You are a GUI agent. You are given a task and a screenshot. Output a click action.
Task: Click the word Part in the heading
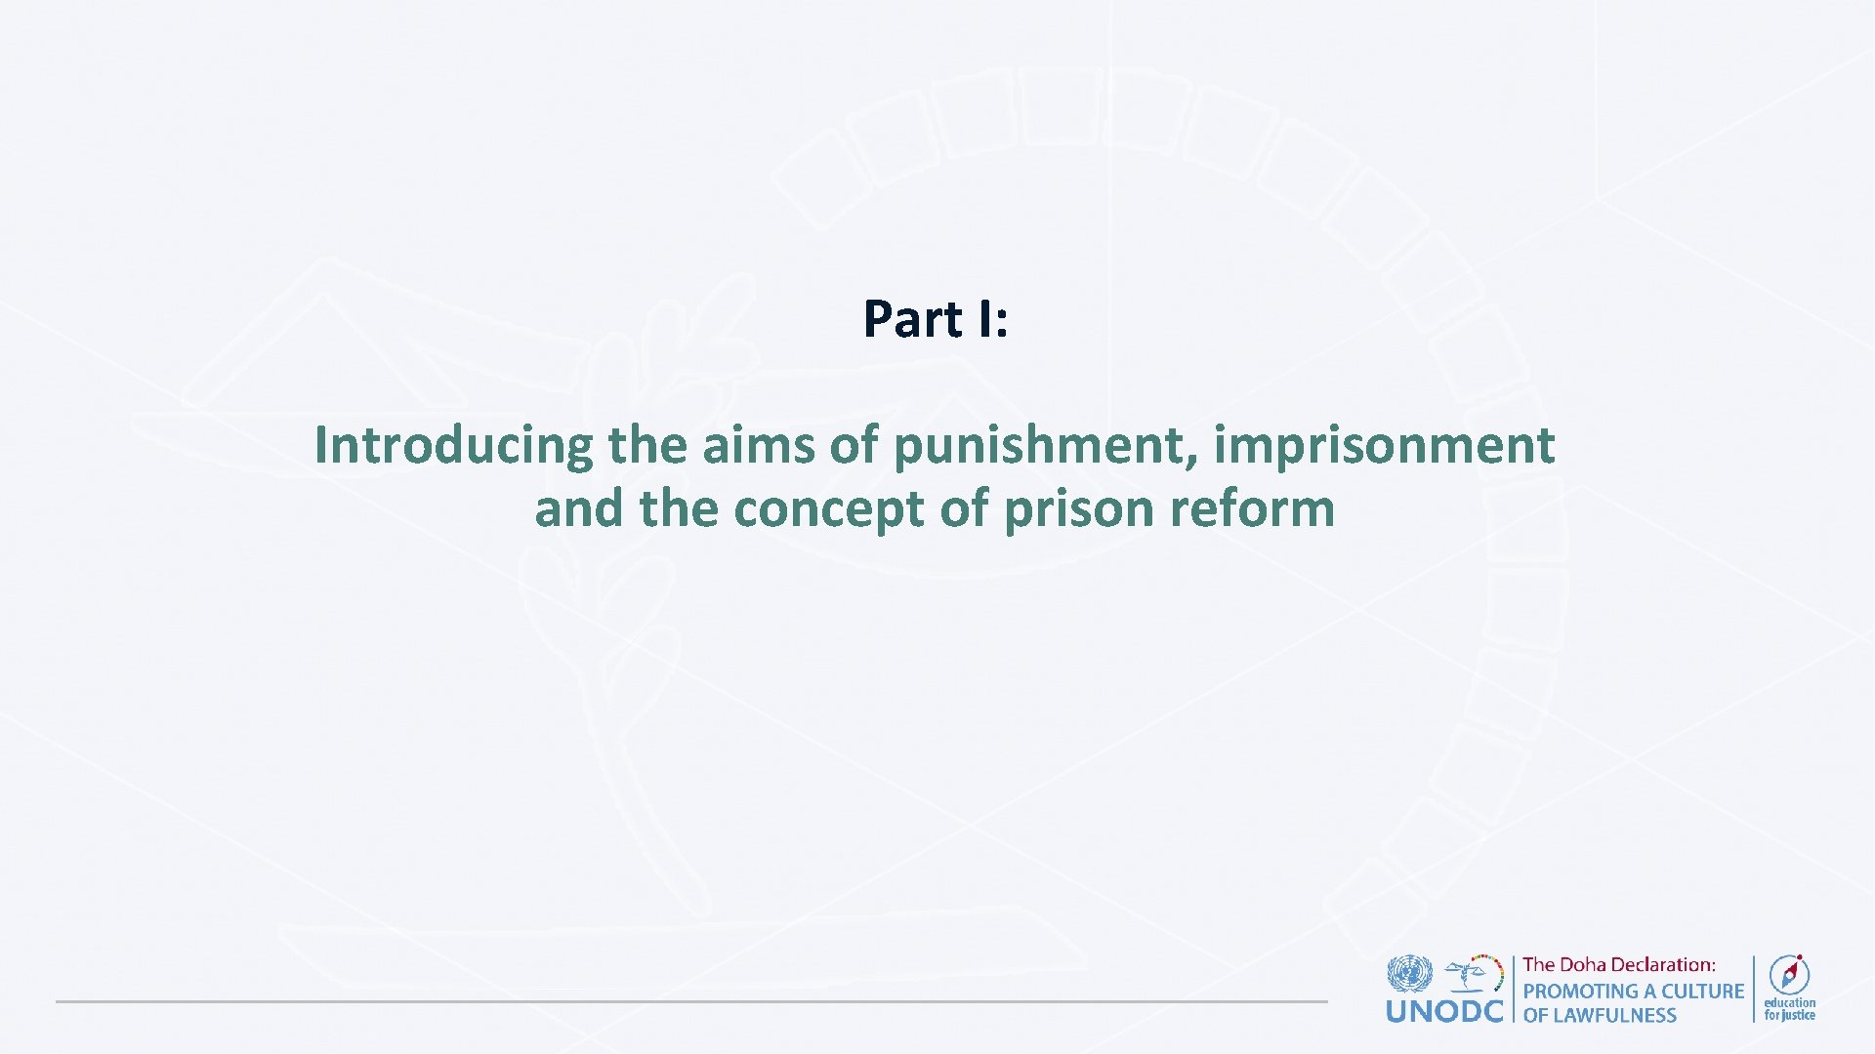click(x=912, y=320)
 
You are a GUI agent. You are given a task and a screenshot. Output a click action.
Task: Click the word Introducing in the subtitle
click(x=453, y=447)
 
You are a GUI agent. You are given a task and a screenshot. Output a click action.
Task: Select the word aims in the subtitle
click(x=758, y=445)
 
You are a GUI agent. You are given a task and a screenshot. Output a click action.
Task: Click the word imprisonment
click(x=1384, y=447)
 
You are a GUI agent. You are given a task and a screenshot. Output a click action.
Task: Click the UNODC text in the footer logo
click(x=1444, y=1011)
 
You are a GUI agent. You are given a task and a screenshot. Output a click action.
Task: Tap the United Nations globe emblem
click(x=1409, y=974)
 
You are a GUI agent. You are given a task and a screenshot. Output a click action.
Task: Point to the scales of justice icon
click(x=1474, y=973)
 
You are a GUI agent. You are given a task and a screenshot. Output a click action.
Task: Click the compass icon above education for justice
click(x=1789, y=974)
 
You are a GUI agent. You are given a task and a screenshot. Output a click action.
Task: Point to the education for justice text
click(x=1789, y=1009)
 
